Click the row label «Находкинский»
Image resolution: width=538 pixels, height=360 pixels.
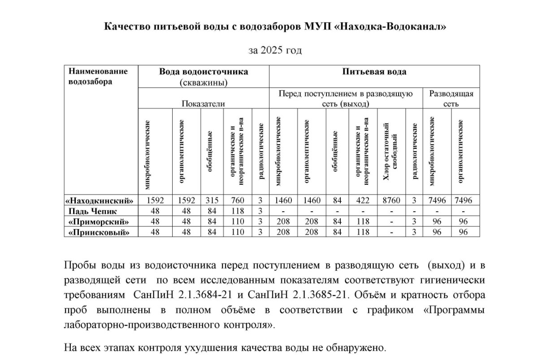click(x=100, y=200)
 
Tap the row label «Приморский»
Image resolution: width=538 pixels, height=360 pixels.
click(x=100, y=221)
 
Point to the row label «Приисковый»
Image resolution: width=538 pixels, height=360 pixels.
click(x=100, y=232)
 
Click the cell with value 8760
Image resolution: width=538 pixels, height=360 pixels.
click(x=392, y=200)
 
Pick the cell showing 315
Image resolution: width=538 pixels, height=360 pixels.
click(x=212, y=200)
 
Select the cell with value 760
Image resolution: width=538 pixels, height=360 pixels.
click(x=238, y=200)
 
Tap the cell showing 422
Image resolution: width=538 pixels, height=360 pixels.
click(x=363, y=200)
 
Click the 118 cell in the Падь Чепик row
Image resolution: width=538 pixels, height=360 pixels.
click(x=238, y=211)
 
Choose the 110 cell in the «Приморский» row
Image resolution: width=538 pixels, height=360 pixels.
click(x=238, y=221)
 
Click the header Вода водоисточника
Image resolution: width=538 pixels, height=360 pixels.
click(x=204, y=72)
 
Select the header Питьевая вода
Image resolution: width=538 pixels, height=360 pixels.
click(x=374, y=72)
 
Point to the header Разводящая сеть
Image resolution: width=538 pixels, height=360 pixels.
click(x=451, y=98)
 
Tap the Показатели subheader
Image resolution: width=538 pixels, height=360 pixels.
click(x=203, y=104)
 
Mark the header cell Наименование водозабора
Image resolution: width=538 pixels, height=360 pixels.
click(x=98, y=76)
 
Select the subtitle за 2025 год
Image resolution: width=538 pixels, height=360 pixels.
click(x=275, y=50)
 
